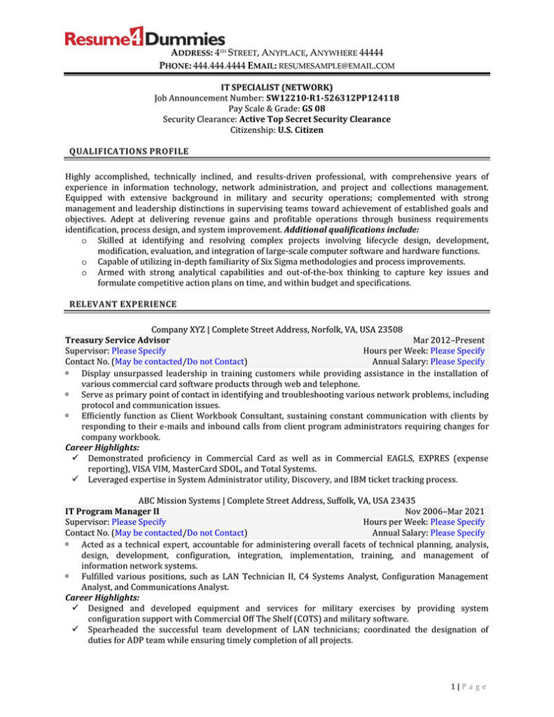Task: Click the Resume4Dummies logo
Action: tap(145, 39)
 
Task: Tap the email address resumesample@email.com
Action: tap(337, 65)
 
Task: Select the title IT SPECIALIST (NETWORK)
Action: tap(277, 87)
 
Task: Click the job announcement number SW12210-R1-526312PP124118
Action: tap(333, 98)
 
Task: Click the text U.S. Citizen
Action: tap(300, 130)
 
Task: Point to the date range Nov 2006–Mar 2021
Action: tap(445, 511)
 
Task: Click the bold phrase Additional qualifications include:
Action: tap(352, 230)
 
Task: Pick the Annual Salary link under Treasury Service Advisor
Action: tap(457, 361)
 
